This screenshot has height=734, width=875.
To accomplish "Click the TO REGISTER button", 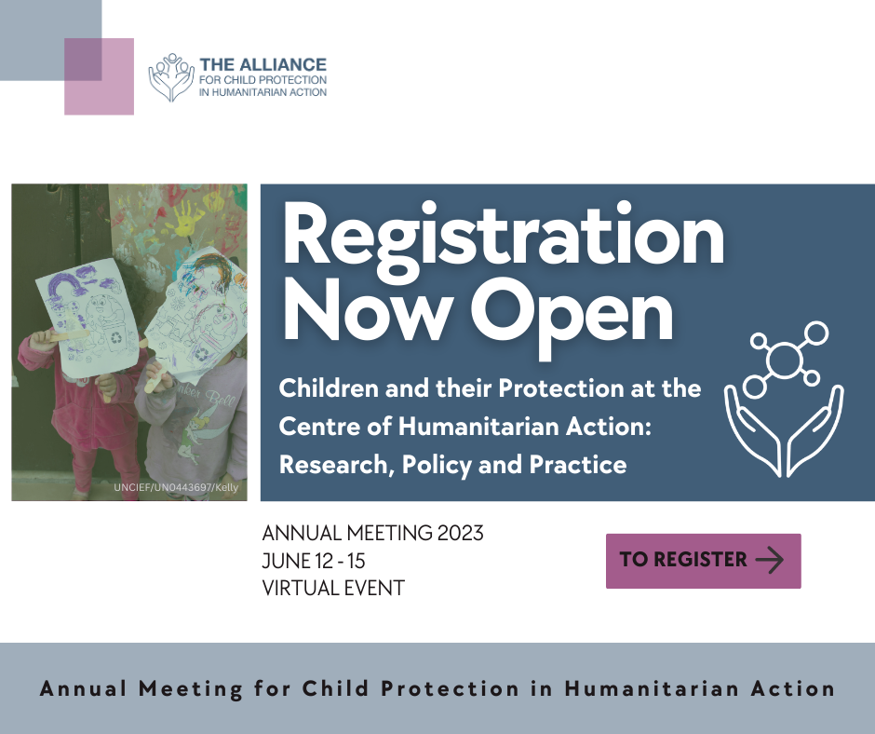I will pyautogui.click(x=703, y=560).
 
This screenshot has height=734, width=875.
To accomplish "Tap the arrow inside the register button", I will pyautogui.click(x=770, y=560).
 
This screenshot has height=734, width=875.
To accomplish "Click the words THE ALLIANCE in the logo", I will pyautogui.click(x=263, y=65).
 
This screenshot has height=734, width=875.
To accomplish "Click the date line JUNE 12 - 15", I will pyautogui.click(x=321, y=561).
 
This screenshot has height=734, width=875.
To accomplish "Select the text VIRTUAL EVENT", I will pyautogui.click(x=333, y=588).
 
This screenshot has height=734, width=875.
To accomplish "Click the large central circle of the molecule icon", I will pyautogui.click(x=784, y=358).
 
